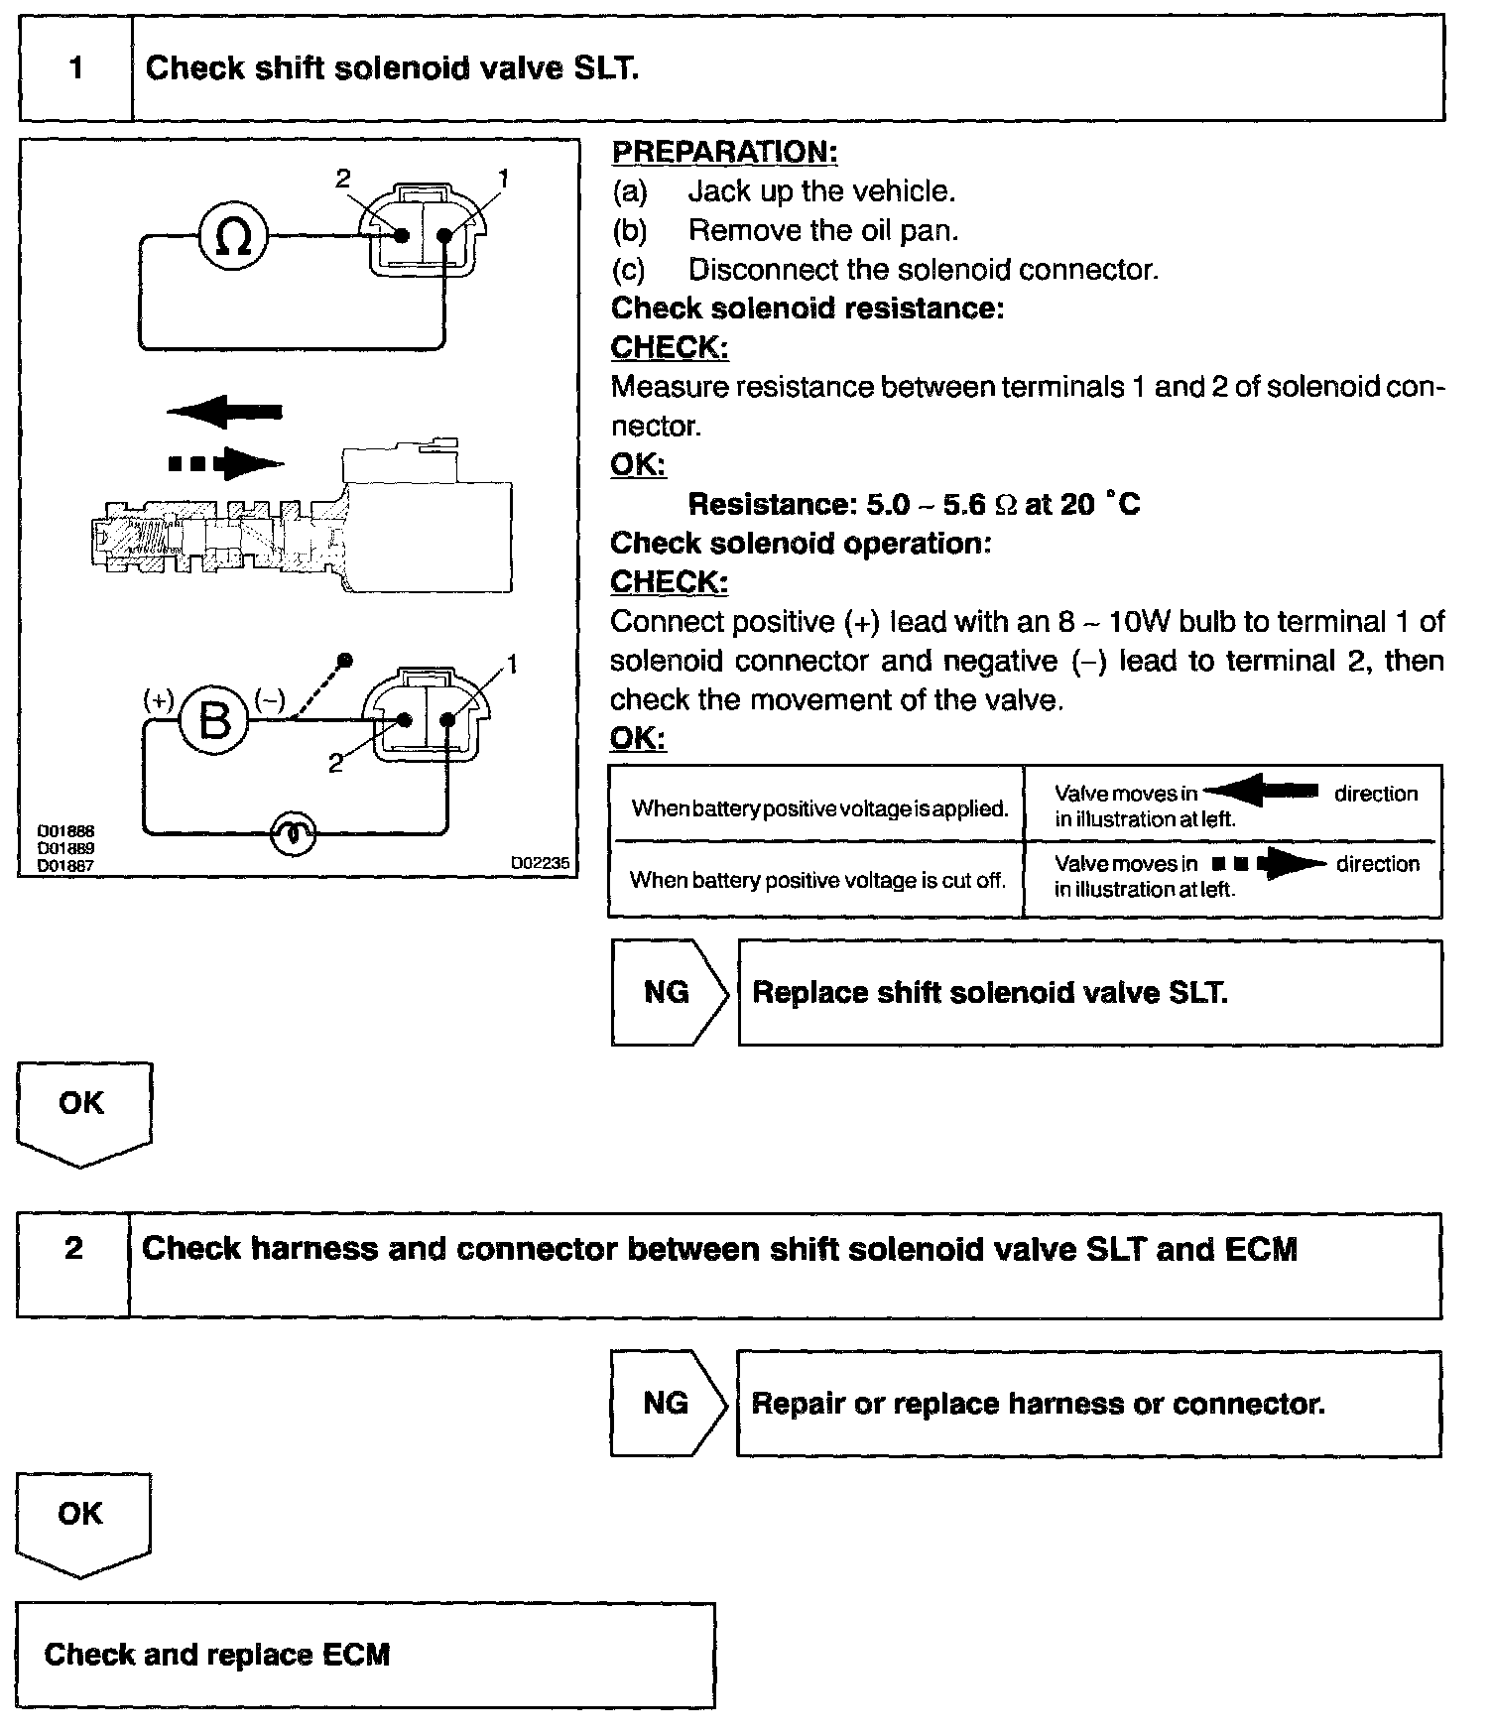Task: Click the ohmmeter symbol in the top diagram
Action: (x=233, y=237)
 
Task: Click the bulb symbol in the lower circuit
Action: (x=294, y=833)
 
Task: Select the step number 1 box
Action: (x=75, y=68)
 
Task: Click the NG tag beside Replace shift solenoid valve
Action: (x=668, y=993)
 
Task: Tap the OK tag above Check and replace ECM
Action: (x=81, y=1514)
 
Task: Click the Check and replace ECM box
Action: (x=365, y=1655)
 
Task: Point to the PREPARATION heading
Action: (x=724, y=153)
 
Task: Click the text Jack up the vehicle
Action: (x=821, y=191)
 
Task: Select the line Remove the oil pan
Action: (x=823, y=231)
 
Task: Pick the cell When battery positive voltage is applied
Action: (x=819, y=808)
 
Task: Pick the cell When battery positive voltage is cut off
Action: (x=817, y=880)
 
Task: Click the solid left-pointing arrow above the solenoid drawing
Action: (x=225, y=411)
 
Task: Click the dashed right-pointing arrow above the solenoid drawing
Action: (x=226, y=463)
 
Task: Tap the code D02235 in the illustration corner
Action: (x=541, y=864)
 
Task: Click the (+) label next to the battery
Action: (x=159, y=699)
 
